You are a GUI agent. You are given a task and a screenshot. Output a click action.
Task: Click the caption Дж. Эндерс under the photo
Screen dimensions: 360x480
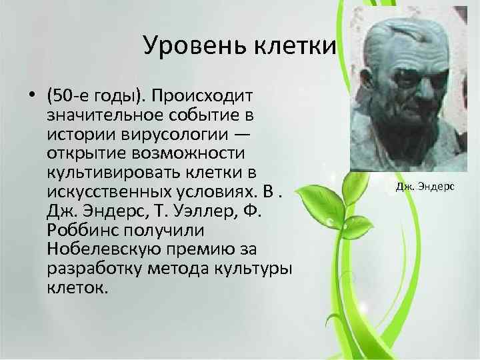click(x=424, y=187)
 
